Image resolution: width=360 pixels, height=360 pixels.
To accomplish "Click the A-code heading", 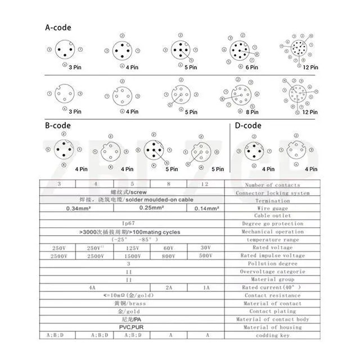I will click(58, 27).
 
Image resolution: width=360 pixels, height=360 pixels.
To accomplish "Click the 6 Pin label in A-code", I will click(250, 67).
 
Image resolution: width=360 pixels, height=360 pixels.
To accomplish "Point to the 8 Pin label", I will click(250, 112).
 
